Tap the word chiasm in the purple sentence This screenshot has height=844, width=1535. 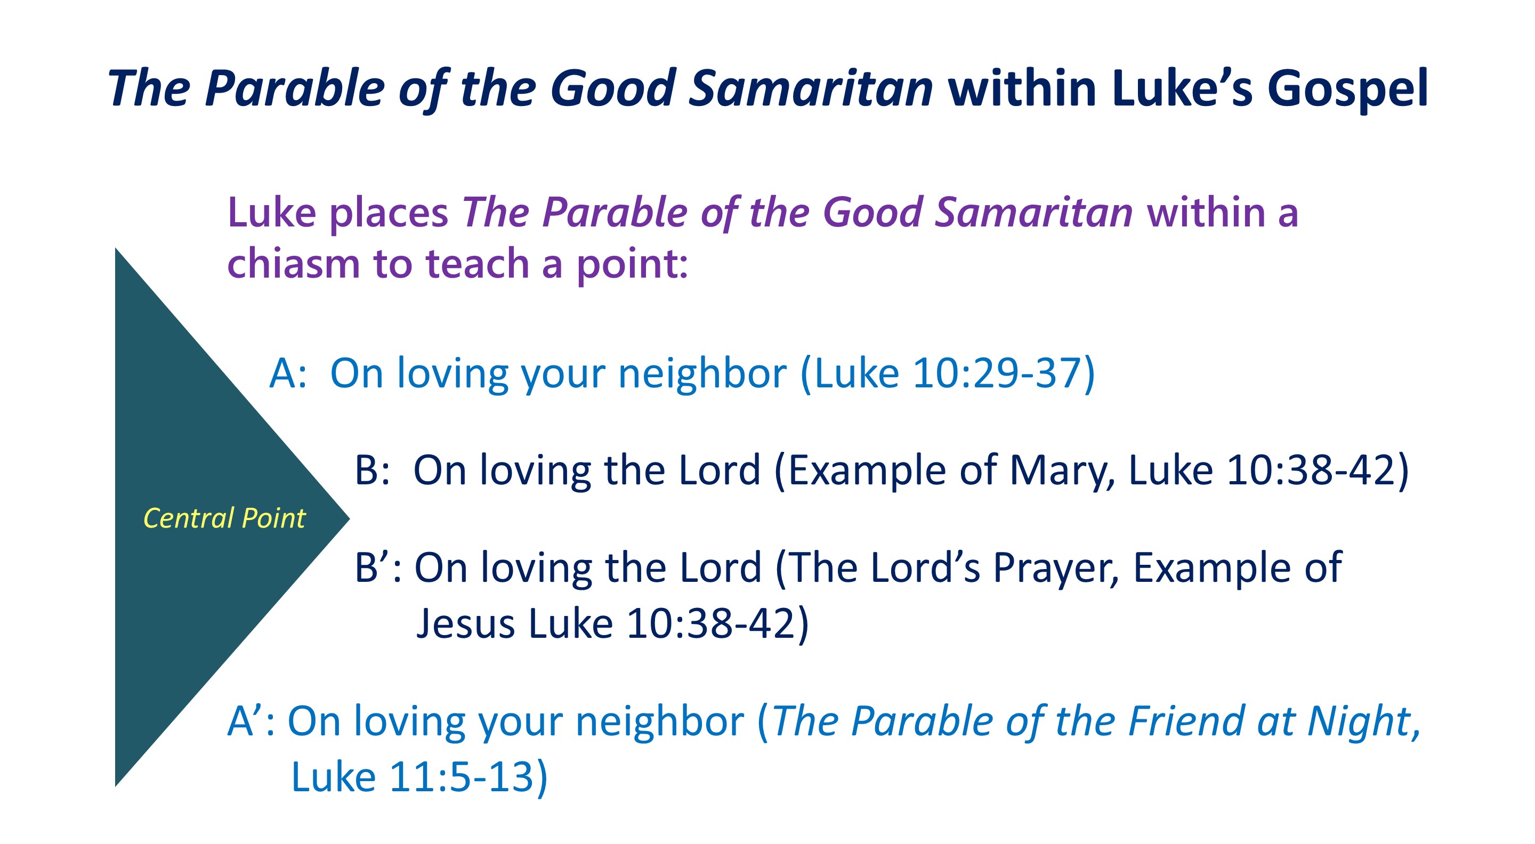coord(294,263)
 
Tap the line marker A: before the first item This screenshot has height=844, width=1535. coord(288,374)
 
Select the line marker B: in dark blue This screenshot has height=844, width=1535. coord(373,470)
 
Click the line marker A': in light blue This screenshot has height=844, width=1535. coord(252,721)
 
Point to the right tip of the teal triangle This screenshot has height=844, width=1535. coord(350,518)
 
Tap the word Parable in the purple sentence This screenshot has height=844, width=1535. coord(615,213)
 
